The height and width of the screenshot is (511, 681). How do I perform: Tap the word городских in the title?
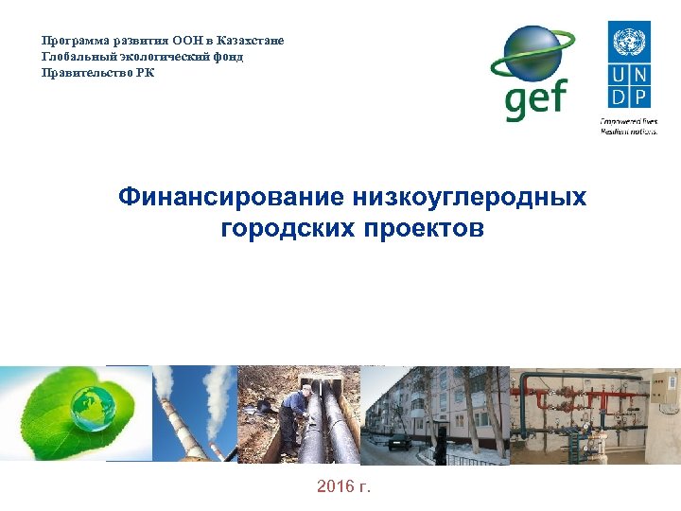tap(286, 228)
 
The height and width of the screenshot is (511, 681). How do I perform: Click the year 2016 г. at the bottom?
tap(344, 486)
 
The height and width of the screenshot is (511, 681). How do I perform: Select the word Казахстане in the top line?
tap(250, 41)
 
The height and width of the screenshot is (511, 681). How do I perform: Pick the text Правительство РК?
tap(97, 73)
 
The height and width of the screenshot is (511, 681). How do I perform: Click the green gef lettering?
tap(534, 98)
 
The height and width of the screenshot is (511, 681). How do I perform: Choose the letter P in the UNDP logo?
tap(640, 96)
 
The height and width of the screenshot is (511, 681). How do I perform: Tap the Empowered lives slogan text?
tap(628, 125)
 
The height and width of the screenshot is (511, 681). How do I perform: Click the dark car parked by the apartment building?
tap(399, 441)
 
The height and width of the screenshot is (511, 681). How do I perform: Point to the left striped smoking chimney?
tap(167, 416)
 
